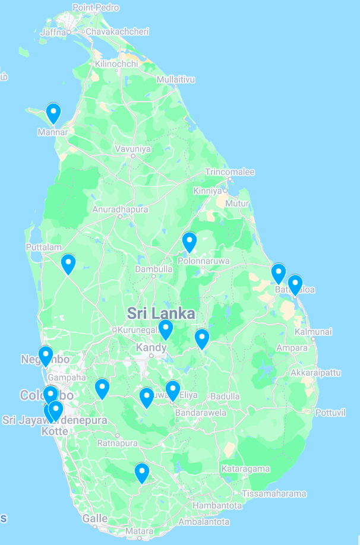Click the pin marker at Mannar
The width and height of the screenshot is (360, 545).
(x=53, y=113)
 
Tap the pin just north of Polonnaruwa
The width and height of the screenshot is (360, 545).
(x=189, y=242)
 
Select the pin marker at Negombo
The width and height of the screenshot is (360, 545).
(x=46, y=356)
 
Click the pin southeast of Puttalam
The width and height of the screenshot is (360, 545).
(x=68, y=263)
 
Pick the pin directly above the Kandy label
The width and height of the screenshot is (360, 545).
(x=166, y=328)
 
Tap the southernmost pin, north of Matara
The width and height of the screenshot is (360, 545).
(x=141, y=473)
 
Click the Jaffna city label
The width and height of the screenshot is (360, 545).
(x=53, y=32)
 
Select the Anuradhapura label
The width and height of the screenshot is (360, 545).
(x=120, y=210)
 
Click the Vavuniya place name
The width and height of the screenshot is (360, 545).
(x=133, y=148)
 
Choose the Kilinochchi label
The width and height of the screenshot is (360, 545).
(x=116, y=64)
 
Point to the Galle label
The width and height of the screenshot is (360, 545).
(x=95, y=518)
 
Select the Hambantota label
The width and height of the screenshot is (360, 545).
(x=219, y=506)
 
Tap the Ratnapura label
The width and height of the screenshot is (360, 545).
(x=118, y=443)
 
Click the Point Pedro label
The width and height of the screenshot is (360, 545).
(x=96, y=8)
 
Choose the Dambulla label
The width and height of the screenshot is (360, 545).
(x=153, y=269)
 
